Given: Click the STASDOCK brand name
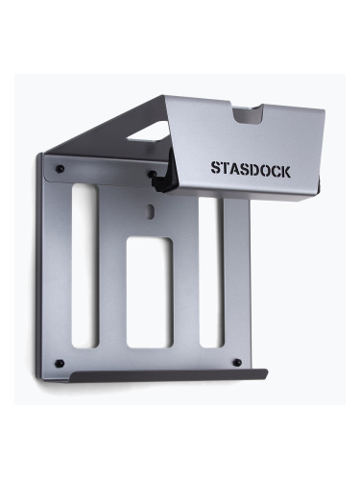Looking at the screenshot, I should click(x=251, y=168).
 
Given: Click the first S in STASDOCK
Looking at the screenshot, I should click(x=216, y=168).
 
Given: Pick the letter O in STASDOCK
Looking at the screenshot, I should click(x=263, y=168).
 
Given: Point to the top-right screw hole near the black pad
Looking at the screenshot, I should click(x=152, y=175).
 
